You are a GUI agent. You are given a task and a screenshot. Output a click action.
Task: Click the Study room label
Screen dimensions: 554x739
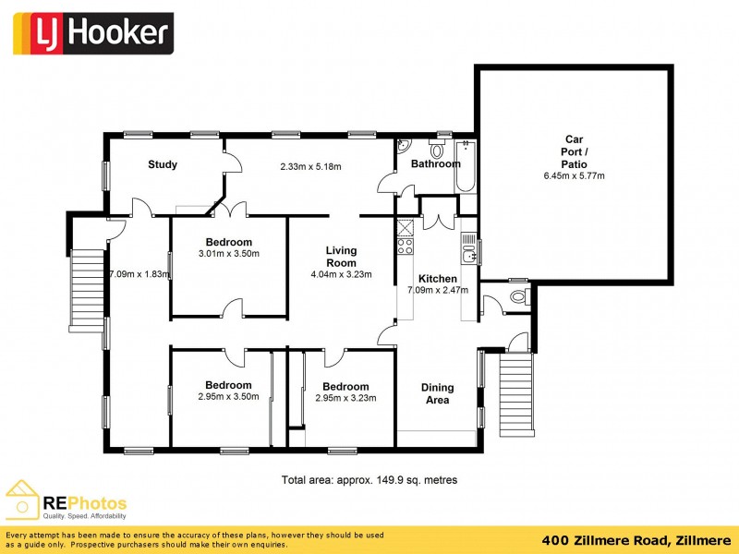(x=163, y=165)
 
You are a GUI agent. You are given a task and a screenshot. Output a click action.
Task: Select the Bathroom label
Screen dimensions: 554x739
(x=435, y=164)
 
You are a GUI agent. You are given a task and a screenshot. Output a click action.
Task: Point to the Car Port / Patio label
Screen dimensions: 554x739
(x=574, y=151)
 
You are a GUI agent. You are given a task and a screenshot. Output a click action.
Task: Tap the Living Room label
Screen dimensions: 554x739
(x=341, y=257)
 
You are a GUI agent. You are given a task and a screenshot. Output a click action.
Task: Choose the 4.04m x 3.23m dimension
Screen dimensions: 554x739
(x=341, y=274)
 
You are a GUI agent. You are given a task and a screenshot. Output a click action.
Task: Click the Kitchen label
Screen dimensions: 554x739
(x=437, y=279)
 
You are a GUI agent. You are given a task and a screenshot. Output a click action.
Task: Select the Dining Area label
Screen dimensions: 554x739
(x=437, y=394)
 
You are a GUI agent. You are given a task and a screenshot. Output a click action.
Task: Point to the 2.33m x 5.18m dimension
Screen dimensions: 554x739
(x=310, y=167)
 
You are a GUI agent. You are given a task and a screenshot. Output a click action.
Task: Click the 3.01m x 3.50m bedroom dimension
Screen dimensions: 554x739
(x=228, y=254)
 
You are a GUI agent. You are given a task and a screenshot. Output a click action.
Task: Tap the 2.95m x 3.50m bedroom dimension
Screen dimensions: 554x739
(x=228, y=397)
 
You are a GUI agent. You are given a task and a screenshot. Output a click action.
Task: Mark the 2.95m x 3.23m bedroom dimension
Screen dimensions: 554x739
(x=342, y=399)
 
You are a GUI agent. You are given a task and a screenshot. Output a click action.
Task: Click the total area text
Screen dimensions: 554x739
(x=369, y=480)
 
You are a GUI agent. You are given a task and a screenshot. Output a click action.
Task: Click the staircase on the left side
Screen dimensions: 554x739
(x=89, y=285)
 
